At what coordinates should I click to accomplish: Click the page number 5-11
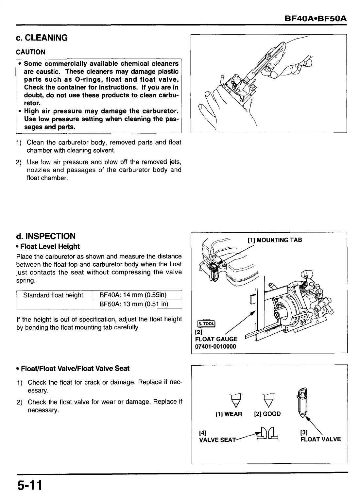29,485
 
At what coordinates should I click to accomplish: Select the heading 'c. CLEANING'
42,38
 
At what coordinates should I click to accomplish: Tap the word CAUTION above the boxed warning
31,52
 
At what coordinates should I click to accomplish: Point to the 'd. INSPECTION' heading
46,236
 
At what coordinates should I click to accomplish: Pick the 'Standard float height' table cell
53,295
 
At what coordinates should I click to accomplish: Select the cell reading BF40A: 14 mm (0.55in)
133,295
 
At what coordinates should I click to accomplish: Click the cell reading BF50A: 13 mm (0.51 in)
133,304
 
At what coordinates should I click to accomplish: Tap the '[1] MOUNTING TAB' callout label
275,240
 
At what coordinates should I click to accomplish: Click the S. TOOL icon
205,323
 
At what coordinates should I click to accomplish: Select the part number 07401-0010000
215,346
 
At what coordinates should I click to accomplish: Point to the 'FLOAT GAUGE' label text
216,339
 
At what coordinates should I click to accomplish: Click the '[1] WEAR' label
229,414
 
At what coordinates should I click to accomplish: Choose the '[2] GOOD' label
267,414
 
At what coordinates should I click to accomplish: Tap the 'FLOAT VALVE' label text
320,439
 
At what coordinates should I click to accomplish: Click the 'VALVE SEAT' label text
217,440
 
